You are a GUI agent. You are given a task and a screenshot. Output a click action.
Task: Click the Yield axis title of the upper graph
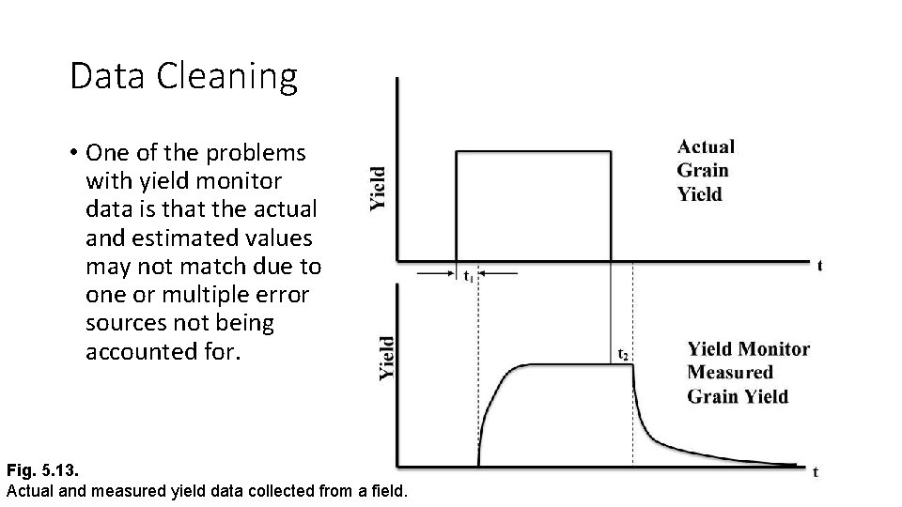point(377,189)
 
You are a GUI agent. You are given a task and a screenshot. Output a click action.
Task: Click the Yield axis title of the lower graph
point(387,358)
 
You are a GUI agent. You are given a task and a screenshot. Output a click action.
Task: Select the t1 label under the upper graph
point(469,276)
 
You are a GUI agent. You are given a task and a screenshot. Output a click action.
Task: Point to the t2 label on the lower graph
point(623,355)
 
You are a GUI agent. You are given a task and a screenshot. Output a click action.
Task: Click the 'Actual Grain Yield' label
point(705,170)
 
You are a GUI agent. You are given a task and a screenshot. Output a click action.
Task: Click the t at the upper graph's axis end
point(819,266)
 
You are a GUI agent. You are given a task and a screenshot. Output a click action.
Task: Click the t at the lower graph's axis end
point(815,471)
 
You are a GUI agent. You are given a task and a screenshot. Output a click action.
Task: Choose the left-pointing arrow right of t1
point(499,273)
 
